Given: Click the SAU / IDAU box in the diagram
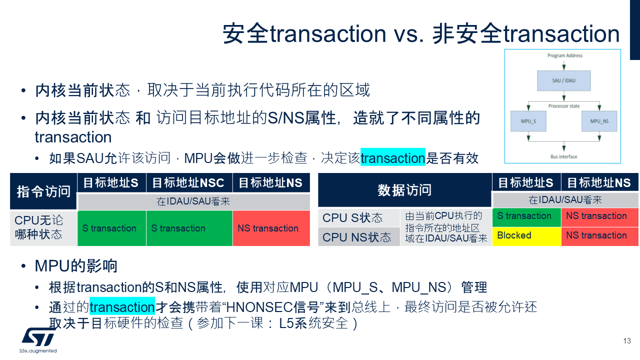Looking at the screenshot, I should tap(563, 80).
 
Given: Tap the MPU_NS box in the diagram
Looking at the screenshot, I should tap(599, 121).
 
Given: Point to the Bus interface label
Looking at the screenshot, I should tap(563, 157).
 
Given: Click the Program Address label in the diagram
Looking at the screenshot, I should tap(565, 55).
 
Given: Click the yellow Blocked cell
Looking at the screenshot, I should tap(526, 235).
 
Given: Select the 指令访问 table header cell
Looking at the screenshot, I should tap(43, 191).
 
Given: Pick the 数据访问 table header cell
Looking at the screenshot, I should tap(404, 190).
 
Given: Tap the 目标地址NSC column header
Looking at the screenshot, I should tap(188, 183).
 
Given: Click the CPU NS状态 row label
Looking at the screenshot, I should tap(357, 237).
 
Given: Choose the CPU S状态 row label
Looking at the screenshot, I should tap(353, 218).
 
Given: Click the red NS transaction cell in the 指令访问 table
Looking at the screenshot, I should tap(270, 228).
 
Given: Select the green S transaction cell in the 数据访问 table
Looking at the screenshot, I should tap(526, 216).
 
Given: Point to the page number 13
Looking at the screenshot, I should tap(627, 341).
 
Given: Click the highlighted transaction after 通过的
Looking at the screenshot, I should tap(122, 306).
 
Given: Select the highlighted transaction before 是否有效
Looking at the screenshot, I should tap(392, 158).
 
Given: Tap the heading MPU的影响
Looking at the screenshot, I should tap(76, 266).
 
